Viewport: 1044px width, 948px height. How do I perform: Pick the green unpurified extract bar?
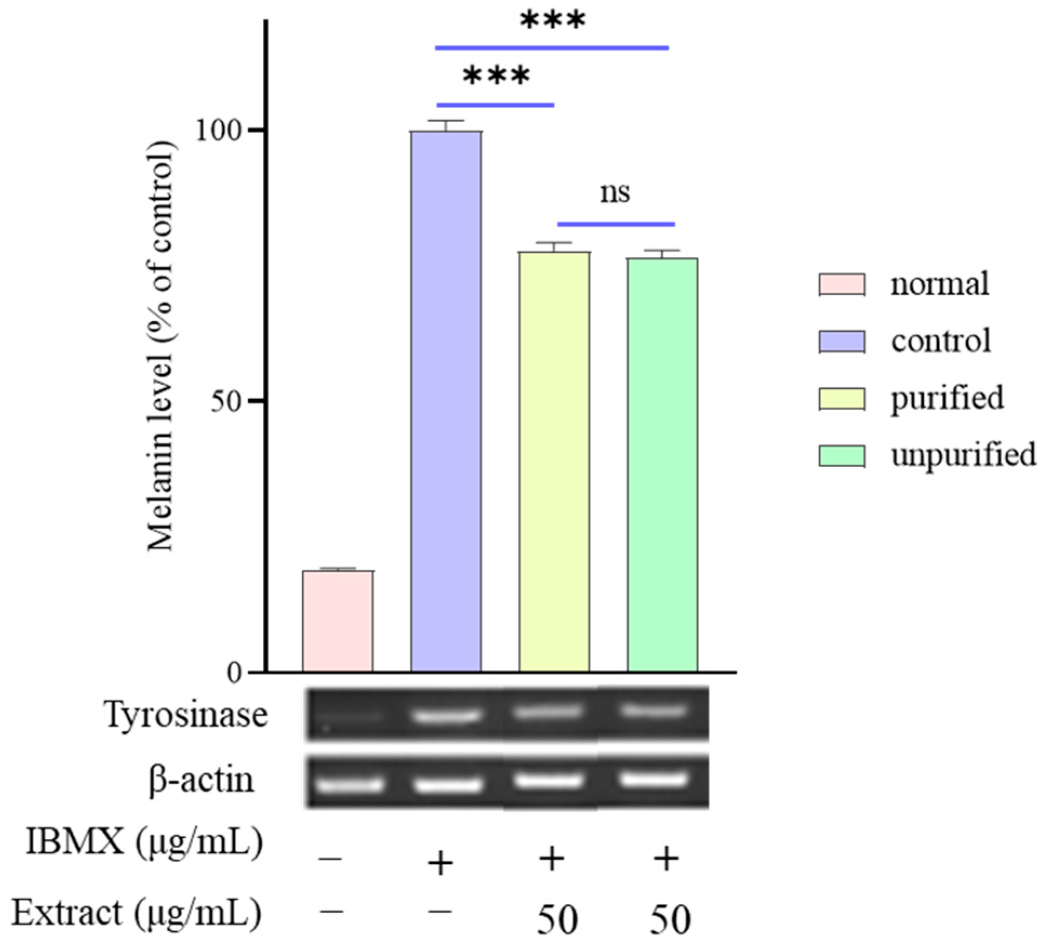pyautogui.click(x=662, y=465)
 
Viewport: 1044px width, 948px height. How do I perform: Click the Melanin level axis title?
pyautogui.click(x=161, y=346)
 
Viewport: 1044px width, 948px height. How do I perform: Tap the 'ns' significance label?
pyautogui.click(x=615, y=193)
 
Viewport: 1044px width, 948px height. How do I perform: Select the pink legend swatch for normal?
pyautogui.click(x=841, y=284)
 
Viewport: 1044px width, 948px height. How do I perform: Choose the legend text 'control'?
pyautogui.click(x=941, y=341)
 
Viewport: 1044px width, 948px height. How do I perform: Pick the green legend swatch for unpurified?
pyautogui.click(x=841, y=456)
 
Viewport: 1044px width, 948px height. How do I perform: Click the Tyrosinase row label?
pyautogui.click(x=186, y=715)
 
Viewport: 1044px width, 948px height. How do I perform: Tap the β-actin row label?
pyautogui.click(x=201, y=780)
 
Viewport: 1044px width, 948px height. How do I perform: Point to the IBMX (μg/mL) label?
pyautogui.click(x=144, y=842)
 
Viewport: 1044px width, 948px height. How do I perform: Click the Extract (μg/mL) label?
pyautogui.click(x=136, y=913)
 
